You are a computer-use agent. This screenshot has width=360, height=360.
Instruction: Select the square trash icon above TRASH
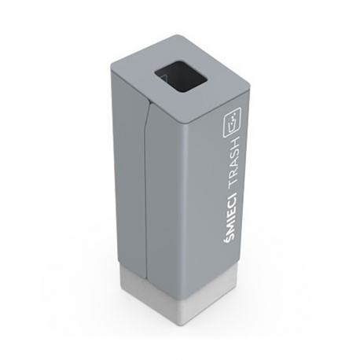pyautogui.click(x=233, y=122)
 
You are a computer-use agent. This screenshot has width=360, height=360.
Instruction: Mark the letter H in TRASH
pyautogui.click(x=233, y=142)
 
